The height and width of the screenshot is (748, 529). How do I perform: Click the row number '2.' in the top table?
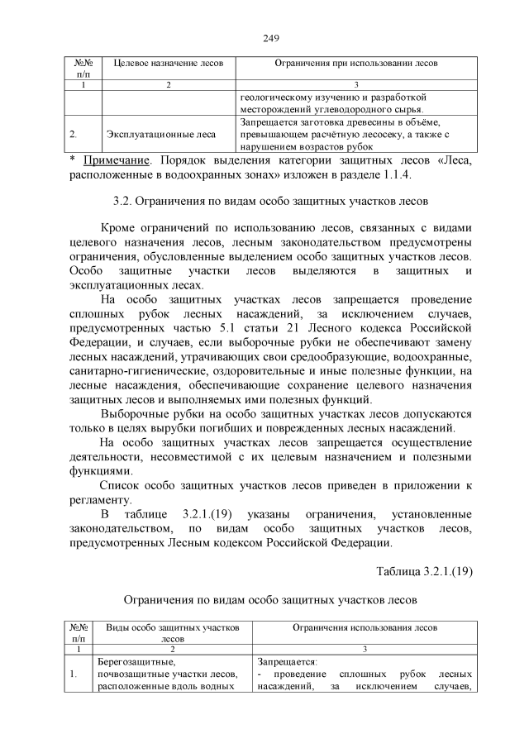[x=74, y=133]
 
